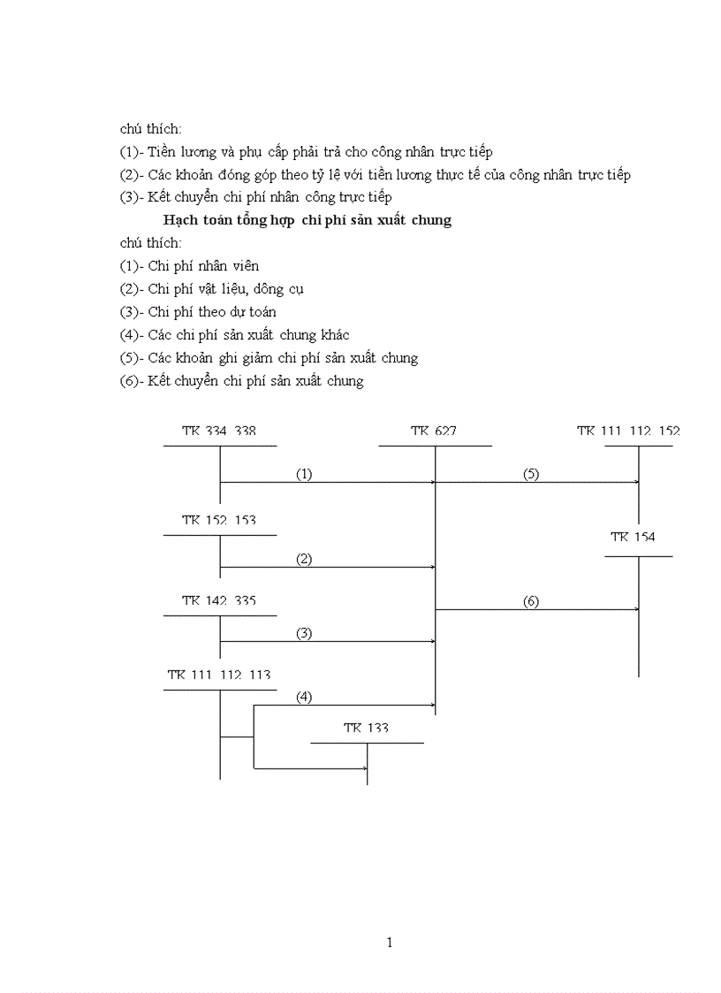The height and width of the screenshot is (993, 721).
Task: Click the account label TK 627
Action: [x=433, y=432]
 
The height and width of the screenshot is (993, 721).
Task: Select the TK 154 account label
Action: [x=633, y=537]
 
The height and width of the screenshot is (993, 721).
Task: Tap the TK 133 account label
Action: [x=366, y=728]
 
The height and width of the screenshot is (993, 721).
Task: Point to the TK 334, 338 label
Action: [x=218, y=432]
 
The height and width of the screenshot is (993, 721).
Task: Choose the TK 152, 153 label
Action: [x=219, y=520]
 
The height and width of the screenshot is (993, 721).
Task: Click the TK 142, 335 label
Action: [x=219, y=600]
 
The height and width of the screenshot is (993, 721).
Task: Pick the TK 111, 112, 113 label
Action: [x=219, y=675]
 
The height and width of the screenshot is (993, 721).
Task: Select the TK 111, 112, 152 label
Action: [x=628, y=432]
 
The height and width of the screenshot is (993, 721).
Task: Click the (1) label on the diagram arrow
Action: [x=304, y=474]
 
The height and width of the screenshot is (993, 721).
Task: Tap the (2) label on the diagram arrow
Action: [x=304, y=559]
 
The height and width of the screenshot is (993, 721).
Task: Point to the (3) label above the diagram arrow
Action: [x=304, y=633]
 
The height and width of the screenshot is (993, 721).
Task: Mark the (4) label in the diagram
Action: [x=304, y=697]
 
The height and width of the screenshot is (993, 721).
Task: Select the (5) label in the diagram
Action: [x=530, y=474]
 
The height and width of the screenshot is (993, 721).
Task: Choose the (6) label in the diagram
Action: [x=530, y=601]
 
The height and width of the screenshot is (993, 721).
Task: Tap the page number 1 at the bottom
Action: [x=390, y=943]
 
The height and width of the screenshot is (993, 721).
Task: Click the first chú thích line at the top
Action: [x=150, y=129]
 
